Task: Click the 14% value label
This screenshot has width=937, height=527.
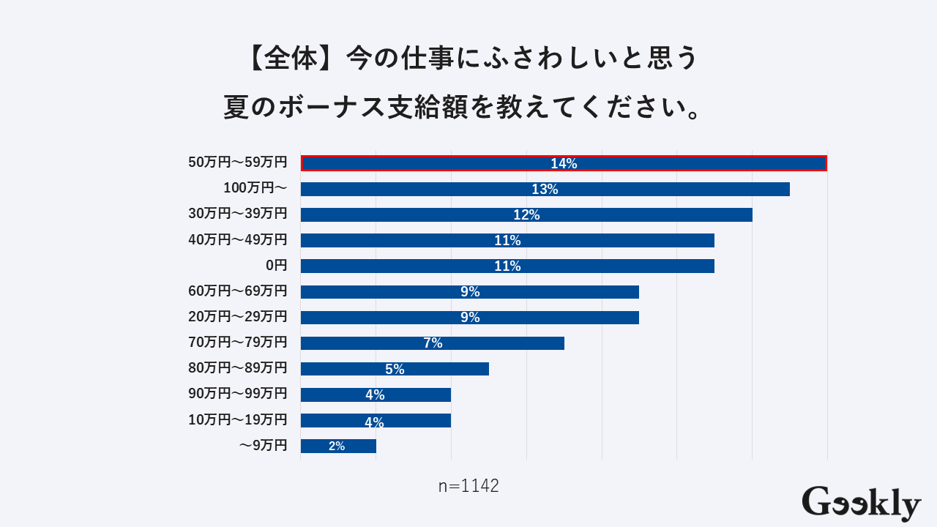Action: [564, 164]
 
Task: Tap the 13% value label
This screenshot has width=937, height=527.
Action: [545, 190]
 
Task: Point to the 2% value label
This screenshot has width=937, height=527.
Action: [337, 446]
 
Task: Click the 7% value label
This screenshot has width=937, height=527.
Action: [433, 343]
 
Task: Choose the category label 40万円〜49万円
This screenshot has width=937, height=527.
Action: [238, 239]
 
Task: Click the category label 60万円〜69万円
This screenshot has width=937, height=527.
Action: [238, 291]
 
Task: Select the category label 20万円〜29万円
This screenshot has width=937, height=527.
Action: [238, 316]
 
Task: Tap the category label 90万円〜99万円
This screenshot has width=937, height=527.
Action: [238, 393]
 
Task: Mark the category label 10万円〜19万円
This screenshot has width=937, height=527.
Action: [238, 419]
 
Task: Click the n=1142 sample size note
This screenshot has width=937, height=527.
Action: [468, 486]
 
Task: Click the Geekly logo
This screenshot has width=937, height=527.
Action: [861, 504]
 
